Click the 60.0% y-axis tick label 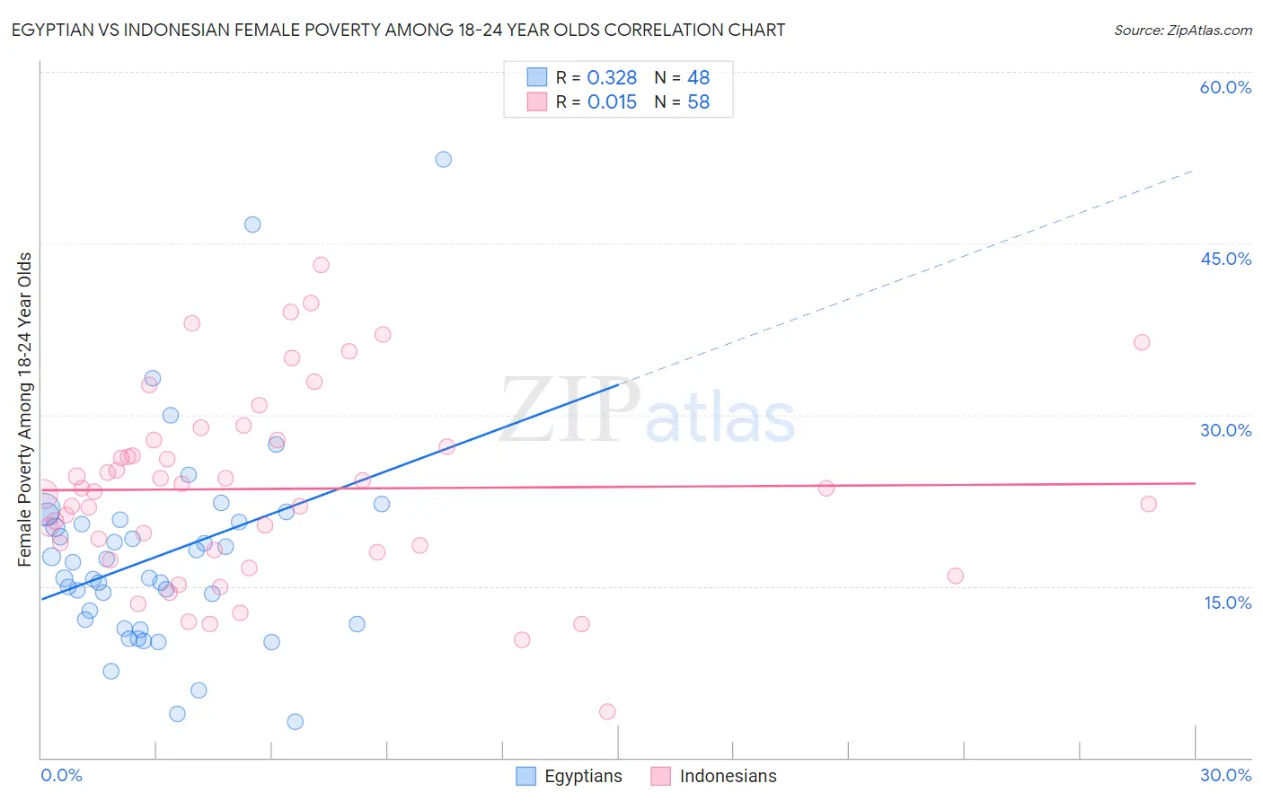pyautogui.click(x=1225, y=87)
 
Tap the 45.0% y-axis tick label pyautogui.click(x=1225, y=259)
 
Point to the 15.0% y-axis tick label pyautogui.click(x=1227, y=603)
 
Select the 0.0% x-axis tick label pyautogui.click(x=61, y=775)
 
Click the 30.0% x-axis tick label pyautogui.click(x=1225, y=775)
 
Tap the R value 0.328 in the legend pyautogui.click(x=612, y=77)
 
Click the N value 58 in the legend pyautogui.click(x=698, y=101)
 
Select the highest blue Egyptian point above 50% pyautogui.click(x=444, y=159)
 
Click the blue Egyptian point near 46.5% pyautogui.click(x=252, y=224)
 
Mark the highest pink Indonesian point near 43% pyautogui.click(x=321, y=265)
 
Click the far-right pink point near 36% pyautogui.click(x=1142, y=342)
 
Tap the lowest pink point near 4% pyautogui.click(x=607, y=712)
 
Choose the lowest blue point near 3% pyautogui.click(x=295, y=722)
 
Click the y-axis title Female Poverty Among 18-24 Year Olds pyautogui.click(x=25, y=409)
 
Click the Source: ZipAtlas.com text pyautogui.click(x=1182, y=30)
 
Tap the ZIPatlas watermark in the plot pyautogui.click(x=647, y=411)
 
